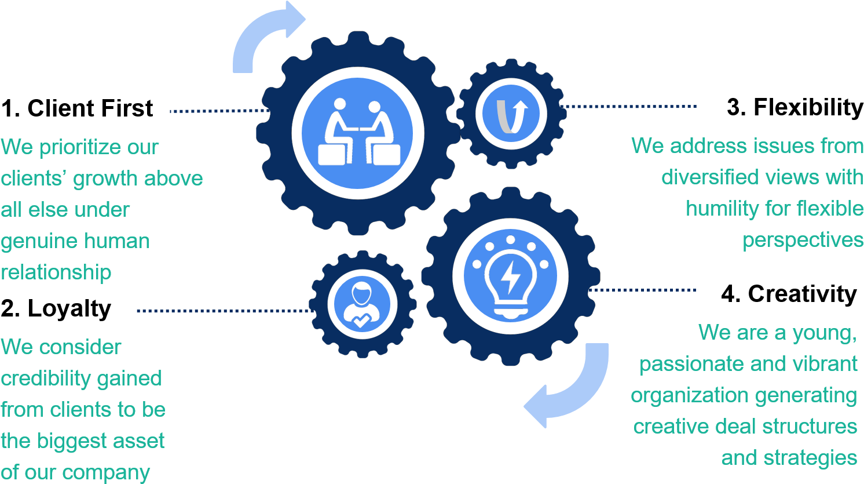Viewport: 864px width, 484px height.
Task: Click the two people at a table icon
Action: pos(358,133)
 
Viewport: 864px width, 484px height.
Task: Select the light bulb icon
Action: pos(510,277)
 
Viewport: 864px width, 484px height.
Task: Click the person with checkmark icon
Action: pos(361,304)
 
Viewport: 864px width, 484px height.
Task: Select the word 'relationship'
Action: pos(56,272)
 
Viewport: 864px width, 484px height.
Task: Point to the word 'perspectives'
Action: pos(803,239)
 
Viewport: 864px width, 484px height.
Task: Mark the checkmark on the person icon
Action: pos(361,320)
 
